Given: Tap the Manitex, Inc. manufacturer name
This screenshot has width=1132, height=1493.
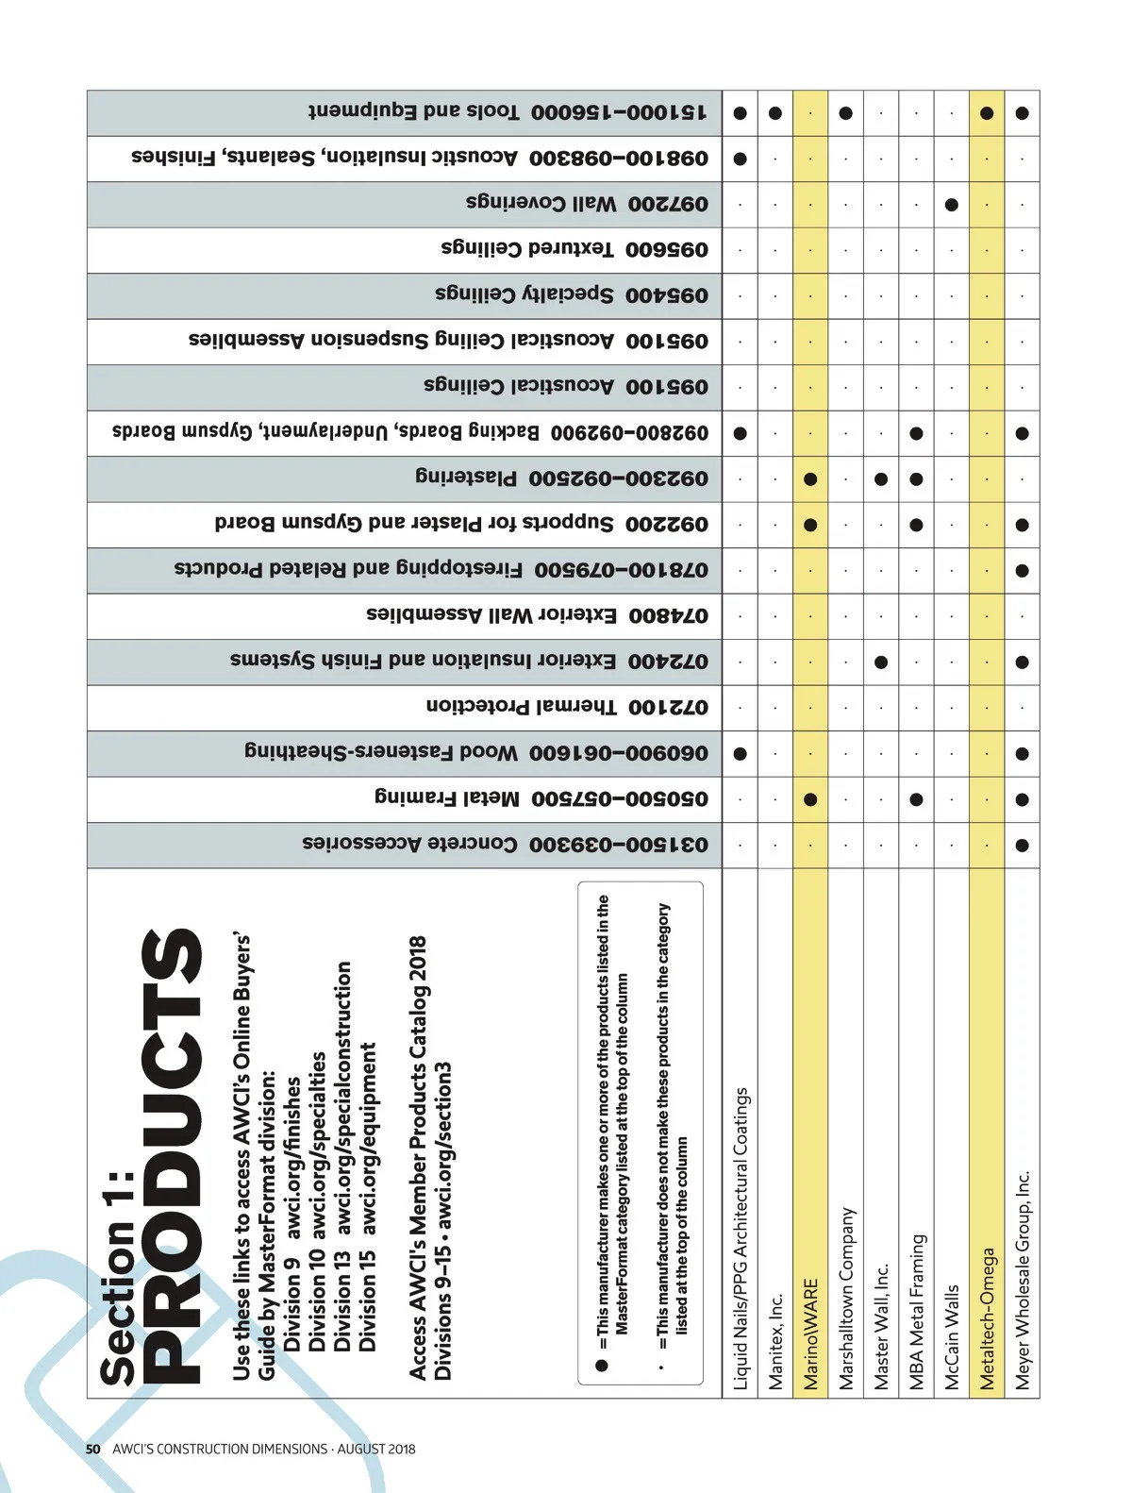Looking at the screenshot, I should (775, 1340).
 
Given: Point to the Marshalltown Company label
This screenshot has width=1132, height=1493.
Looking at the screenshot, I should (846, 1298).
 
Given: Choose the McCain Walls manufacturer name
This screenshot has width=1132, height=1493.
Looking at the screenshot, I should (951, 1336).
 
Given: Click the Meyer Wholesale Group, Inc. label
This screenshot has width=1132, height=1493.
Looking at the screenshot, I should (1023, 1280).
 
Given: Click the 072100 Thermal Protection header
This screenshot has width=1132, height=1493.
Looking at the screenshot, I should (566, 707).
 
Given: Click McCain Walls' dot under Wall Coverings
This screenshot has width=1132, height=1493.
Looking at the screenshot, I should (952, 204).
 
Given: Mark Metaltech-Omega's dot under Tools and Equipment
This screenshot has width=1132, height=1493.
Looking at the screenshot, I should (987, 113).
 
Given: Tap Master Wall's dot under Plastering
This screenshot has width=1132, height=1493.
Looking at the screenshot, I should (881, 478).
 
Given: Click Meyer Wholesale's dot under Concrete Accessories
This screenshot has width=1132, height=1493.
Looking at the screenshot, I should (1022, 845).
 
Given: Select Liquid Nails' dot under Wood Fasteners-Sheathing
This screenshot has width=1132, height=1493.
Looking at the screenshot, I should (741, 753).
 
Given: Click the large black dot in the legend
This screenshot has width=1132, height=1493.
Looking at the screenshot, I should (601, 1365).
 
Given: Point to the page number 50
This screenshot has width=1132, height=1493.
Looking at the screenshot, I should (92, 1449).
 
